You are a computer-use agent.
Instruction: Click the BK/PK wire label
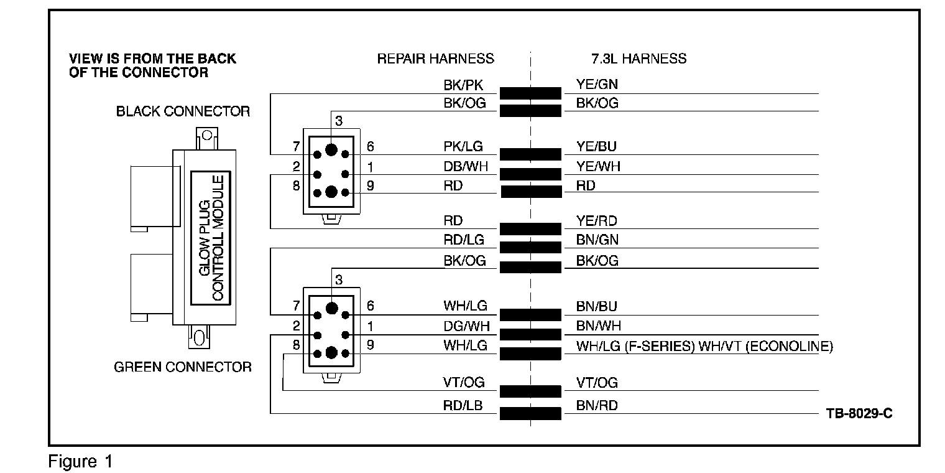tap(462, 85)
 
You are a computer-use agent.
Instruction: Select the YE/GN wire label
tap(597, 85)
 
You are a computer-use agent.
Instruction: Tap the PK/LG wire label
tap(463, 148)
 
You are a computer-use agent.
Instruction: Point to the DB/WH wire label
tap(464, 166)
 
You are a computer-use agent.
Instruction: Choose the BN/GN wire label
tap(597, 240)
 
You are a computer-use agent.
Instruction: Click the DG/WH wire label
tap(466, 325)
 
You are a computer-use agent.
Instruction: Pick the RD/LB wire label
tap(463, 406)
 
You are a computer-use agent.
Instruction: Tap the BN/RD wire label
tap(597, 406)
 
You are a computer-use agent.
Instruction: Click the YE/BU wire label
tap(596, 148)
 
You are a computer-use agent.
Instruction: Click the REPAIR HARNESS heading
tap(435, 59)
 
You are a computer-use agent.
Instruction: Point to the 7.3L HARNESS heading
tap(638, 59)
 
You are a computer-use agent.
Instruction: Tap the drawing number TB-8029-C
tap(859, 413)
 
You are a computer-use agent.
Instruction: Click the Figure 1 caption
tap(81, 462)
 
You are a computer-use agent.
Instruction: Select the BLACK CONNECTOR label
tap(183, 112)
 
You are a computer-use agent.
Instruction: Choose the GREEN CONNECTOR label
tap(183, 367)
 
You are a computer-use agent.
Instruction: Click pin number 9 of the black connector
tap(371, 185)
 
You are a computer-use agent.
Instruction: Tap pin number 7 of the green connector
tap(297, 306)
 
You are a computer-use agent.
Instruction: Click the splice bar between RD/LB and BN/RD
tap(530, 413)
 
